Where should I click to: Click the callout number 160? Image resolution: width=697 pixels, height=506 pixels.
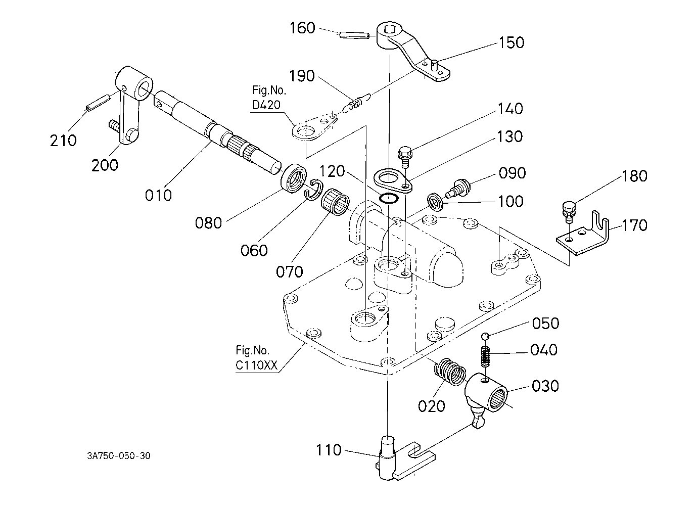point(302,28)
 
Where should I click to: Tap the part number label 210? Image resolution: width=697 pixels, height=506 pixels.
point(63,141)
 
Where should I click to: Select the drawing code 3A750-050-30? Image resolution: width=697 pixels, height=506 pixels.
point(119,456)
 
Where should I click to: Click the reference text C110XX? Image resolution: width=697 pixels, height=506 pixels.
point(256,365)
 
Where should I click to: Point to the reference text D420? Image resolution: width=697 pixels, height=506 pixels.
point(266,105)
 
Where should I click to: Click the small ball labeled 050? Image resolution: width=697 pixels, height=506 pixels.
point(485,336)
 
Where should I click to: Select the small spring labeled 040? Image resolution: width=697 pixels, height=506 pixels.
point(485,357)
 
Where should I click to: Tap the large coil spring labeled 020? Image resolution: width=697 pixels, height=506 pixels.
point(450,372)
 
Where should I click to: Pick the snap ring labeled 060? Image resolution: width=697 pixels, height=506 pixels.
point(313,190)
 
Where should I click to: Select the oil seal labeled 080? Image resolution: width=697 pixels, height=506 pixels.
point(294,178)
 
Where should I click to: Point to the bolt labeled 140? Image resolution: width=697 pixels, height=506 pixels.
point(405,157)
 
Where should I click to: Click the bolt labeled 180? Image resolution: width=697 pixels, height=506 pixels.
point(569,212)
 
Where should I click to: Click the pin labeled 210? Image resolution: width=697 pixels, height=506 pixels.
point(98,103)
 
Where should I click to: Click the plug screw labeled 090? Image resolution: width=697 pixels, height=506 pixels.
point(457,188)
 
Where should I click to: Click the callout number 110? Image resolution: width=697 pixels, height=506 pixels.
point(329,450)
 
